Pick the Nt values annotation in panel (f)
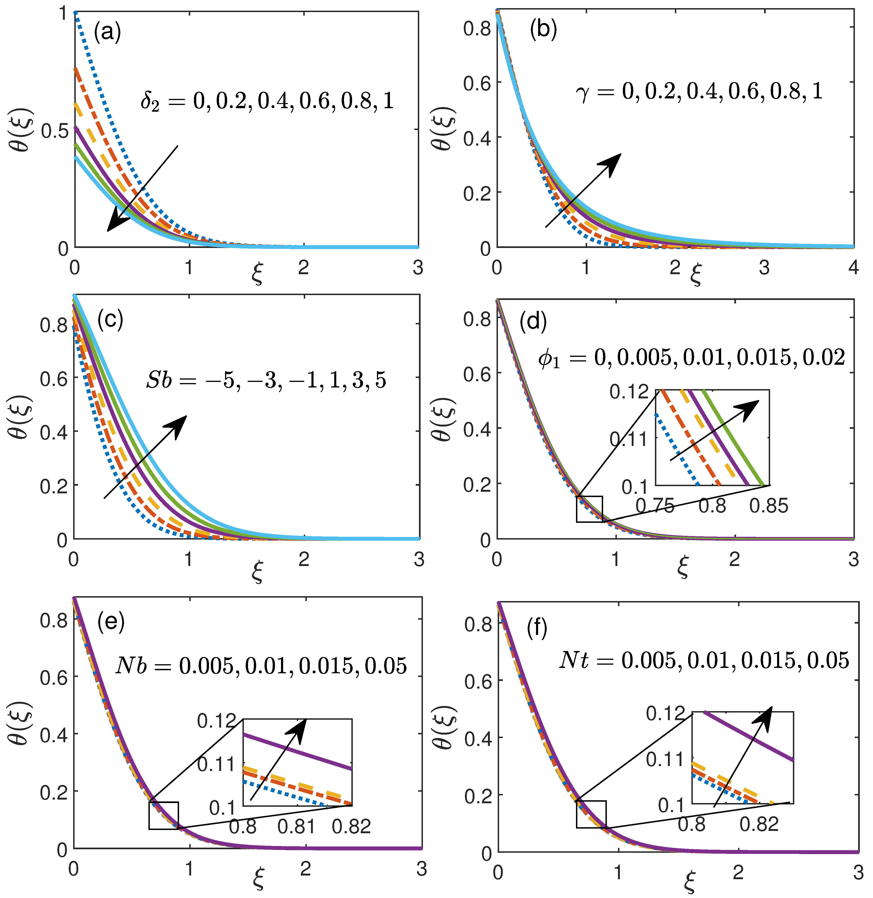point(704,660)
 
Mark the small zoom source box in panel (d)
point(589,509)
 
